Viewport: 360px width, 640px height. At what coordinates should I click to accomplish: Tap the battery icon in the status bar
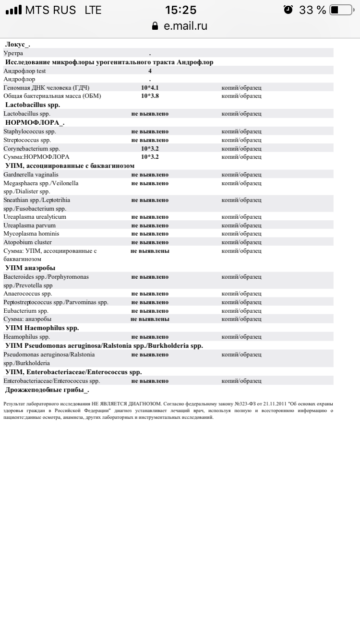341,10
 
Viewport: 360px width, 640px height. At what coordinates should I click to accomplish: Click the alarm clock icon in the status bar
288,10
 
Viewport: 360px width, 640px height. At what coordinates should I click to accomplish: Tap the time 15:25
180,10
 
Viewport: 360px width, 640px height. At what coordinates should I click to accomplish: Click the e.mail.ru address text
186,26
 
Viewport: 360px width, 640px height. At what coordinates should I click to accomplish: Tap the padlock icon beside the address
155,26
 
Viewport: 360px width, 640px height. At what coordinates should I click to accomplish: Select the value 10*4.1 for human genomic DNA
150,88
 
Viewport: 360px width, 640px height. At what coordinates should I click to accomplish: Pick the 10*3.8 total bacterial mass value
150,96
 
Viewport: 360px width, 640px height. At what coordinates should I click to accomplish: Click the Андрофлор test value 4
150,71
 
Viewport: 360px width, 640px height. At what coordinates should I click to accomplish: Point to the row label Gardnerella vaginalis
31,175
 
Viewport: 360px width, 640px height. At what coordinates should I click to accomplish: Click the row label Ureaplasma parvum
29,225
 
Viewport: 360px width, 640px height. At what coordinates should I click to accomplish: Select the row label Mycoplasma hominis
31,234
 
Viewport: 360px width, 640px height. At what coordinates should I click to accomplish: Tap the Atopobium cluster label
27,242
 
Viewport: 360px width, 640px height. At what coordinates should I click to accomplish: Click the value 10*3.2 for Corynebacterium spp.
150,149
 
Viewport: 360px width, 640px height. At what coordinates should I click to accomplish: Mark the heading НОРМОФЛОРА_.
35,122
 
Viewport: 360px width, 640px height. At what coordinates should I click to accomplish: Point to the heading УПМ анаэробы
30,268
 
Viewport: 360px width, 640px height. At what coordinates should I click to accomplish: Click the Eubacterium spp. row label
26,311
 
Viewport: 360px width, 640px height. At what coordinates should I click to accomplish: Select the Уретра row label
13,53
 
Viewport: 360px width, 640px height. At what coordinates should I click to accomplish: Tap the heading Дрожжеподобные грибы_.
47,390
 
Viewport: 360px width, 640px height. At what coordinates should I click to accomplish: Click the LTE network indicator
93,10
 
